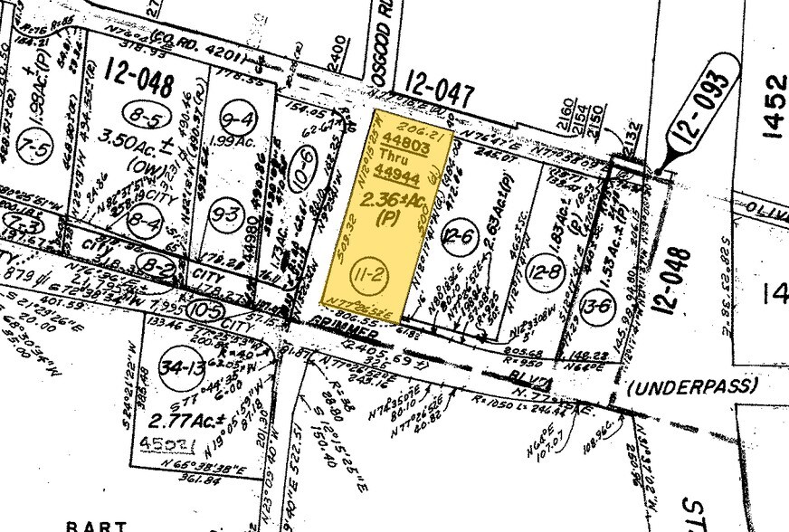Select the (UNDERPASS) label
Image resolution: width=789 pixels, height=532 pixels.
tap(692, 387)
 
